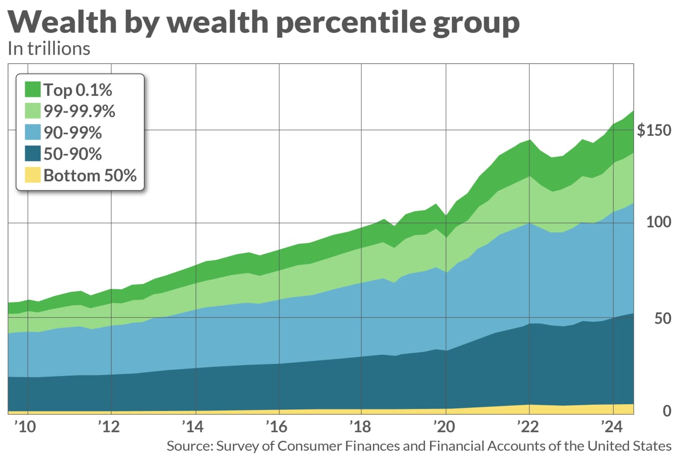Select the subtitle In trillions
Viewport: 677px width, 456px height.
[49, 49]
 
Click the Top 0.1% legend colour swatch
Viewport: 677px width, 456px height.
[33, 90]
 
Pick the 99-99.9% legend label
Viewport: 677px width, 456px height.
[79, 112]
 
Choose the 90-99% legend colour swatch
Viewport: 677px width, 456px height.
[33, 133]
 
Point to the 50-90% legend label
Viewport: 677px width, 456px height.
[72, 154]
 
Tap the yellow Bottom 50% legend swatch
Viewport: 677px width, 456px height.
[33, 175]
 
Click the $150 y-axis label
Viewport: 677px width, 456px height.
[654, 131]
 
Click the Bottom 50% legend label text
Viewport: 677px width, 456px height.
[90, 175]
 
